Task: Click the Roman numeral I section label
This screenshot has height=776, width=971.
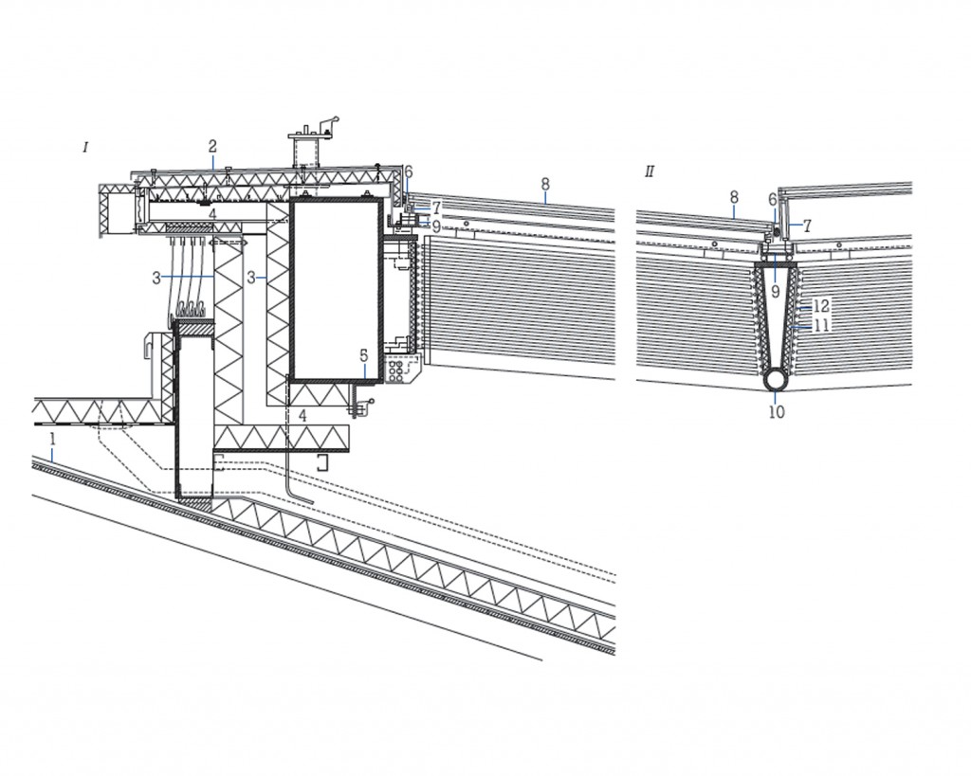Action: [85, 147]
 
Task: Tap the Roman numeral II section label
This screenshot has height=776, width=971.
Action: [650, 171]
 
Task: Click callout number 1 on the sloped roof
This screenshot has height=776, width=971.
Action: [54, 440]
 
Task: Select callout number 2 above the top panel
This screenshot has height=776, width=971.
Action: [212, 146]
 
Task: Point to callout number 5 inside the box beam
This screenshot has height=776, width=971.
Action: [363, 355]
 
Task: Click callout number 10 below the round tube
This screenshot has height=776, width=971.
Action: [777, 412]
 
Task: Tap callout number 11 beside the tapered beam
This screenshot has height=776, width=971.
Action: [821, 324]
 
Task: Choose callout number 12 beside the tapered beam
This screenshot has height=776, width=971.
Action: [821, 306]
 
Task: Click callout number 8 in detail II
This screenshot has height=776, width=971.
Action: [734, 197]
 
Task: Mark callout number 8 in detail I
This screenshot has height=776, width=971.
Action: [545, 183]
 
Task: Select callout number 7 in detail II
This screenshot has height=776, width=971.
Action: [807, 226]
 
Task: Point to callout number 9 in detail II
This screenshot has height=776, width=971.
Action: [775, 292]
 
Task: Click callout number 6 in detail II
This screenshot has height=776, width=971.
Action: [773, 200]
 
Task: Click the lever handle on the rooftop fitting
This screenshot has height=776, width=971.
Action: [328, 123]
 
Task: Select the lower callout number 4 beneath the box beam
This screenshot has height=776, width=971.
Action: [302, 415]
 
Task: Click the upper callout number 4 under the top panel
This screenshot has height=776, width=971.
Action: [212, 215]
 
